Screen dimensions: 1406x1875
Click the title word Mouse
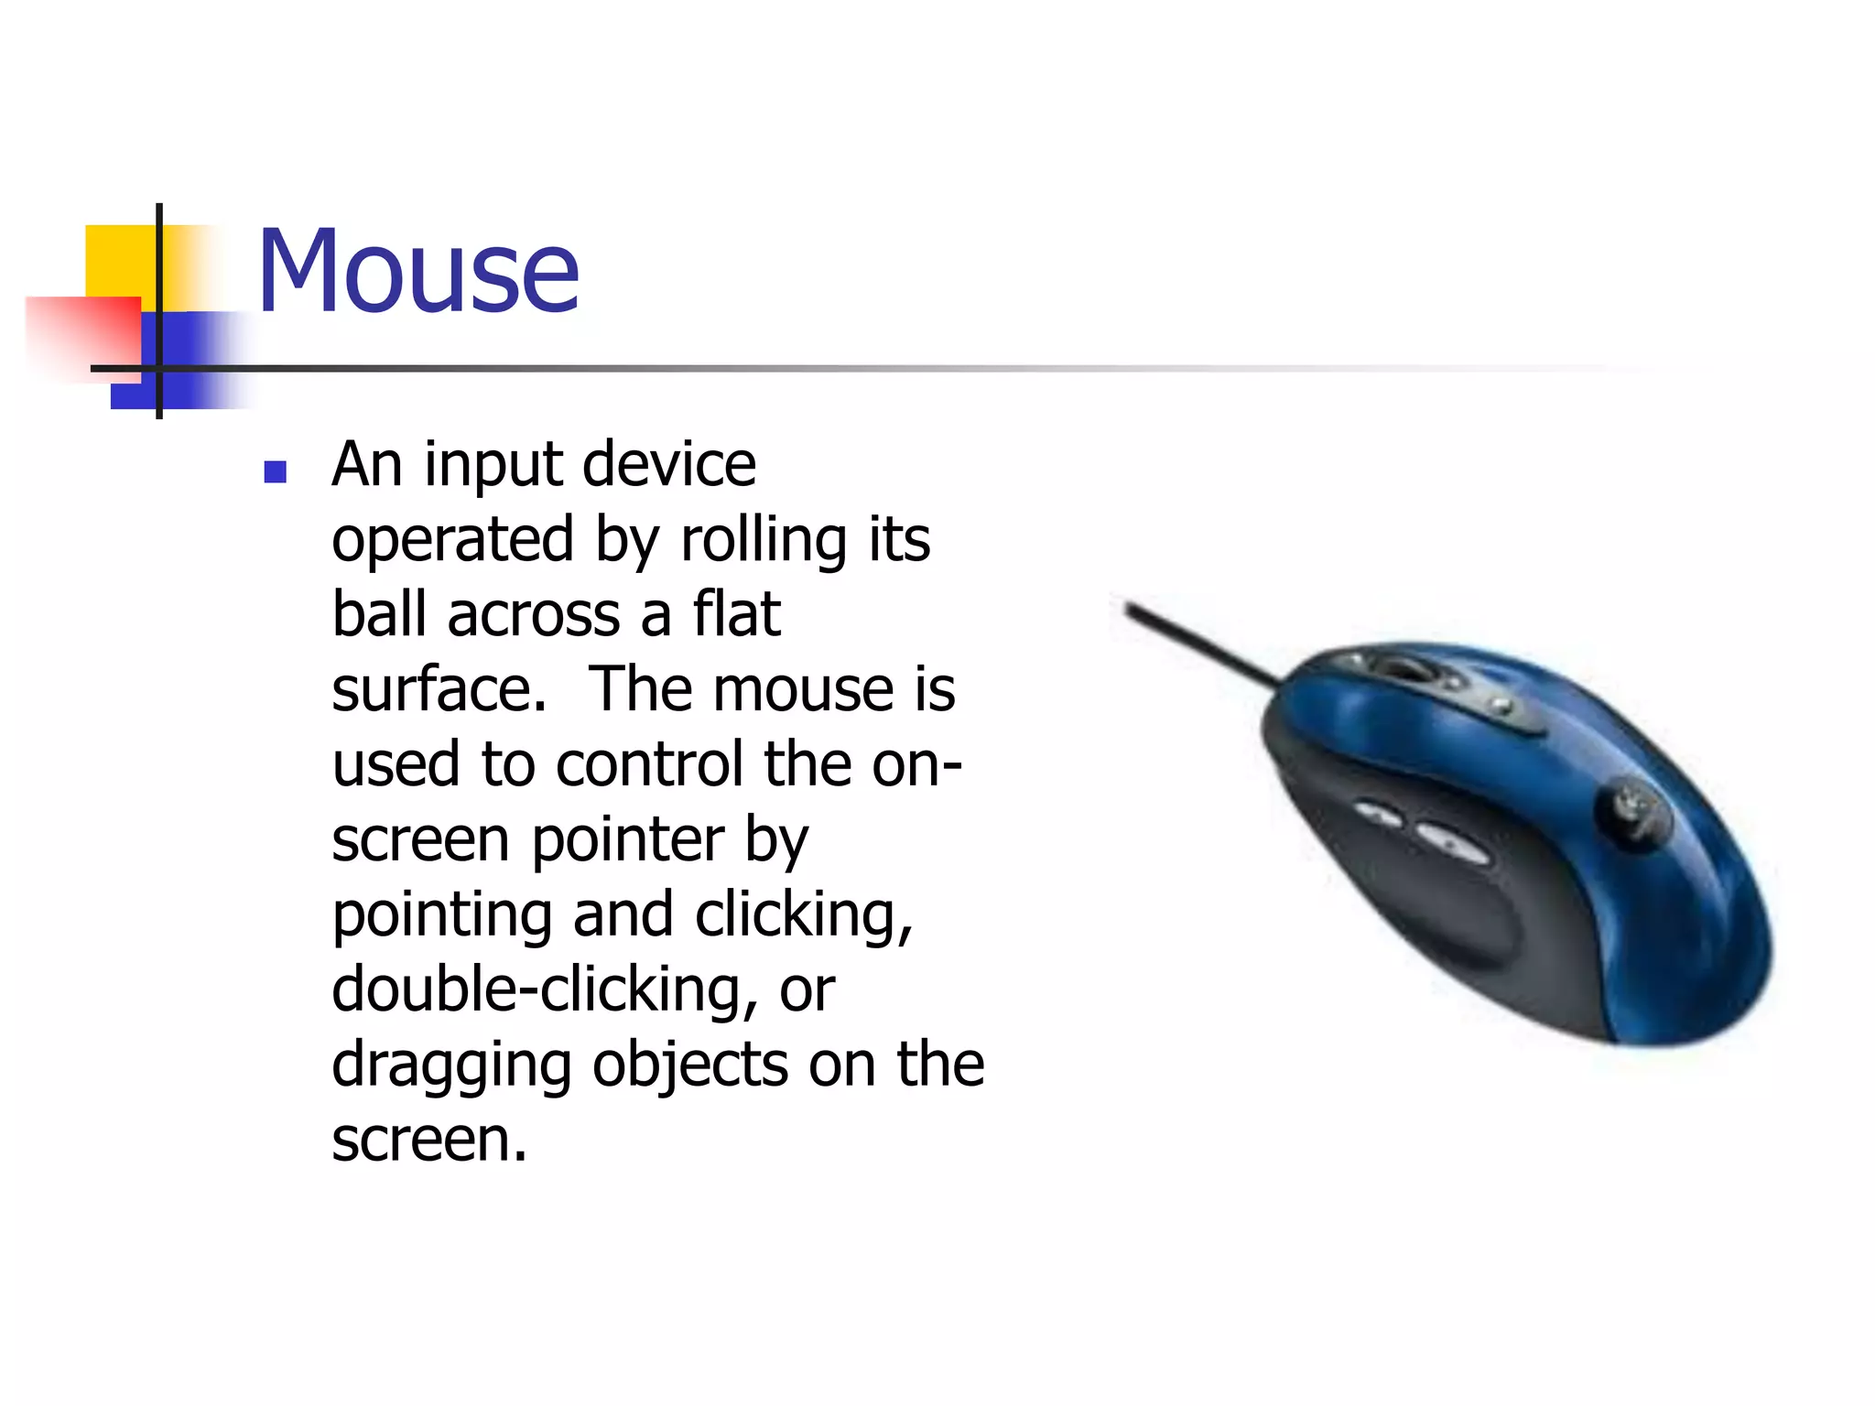(x=418, y=272)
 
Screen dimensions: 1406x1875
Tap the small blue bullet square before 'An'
(x=275, y=471)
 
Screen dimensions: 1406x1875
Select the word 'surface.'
(x=439, y=690)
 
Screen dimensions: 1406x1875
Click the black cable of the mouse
(x=1199, y=644)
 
